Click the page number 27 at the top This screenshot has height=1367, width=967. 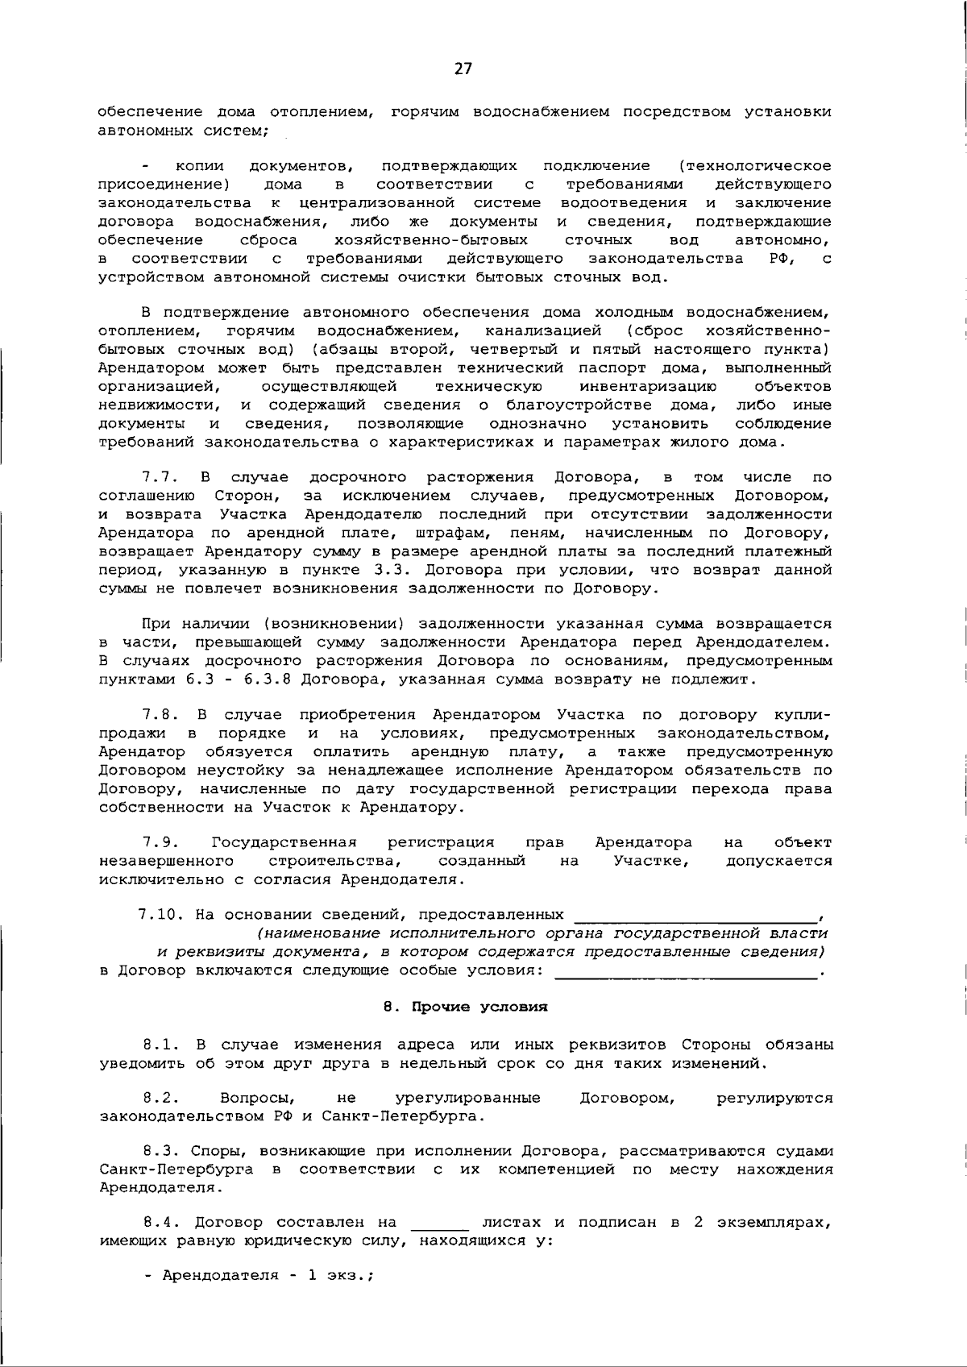(x=463, y=69)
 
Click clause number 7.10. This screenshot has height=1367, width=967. (x=160, y=915)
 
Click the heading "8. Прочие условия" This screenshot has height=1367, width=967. (x=466, y=1007)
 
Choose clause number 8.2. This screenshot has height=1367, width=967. (x=160, y=1098)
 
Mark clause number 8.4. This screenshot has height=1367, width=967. (x=160, y=1222)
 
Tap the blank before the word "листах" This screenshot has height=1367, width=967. (x=439, y=1225)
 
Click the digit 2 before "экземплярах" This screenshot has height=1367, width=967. (x=698, y=1222)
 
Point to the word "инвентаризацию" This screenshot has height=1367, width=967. (x=648, y=387)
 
